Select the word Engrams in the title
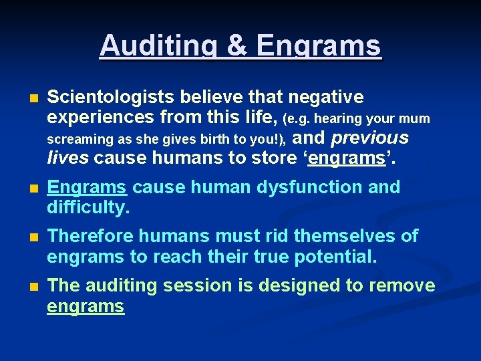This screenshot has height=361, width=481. pyautogui.click(x=319, y=46)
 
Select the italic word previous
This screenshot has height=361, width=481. pyautogui.click(x=369, y=138)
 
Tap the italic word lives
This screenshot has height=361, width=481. pyautogui.click(x=68, y=158)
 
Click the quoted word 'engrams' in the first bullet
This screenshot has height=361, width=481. pyautogui.click(x=351, y=158)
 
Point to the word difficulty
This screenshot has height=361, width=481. pyautogui.click(x=88, y=208)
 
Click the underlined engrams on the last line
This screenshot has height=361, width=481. pyautogui.click(x=86, y=307)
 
